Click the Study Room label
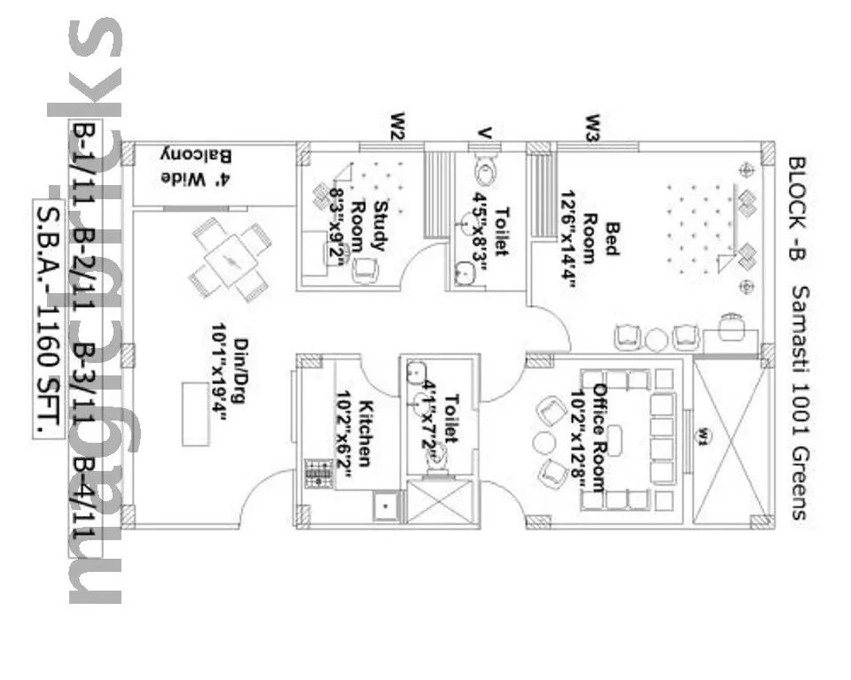point(368,227)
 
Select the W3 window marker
point(592,127)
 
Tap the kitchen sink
point(385,506)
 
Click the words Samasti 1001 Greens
point(796,403)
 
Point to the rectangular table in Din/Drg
point(194,413)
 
